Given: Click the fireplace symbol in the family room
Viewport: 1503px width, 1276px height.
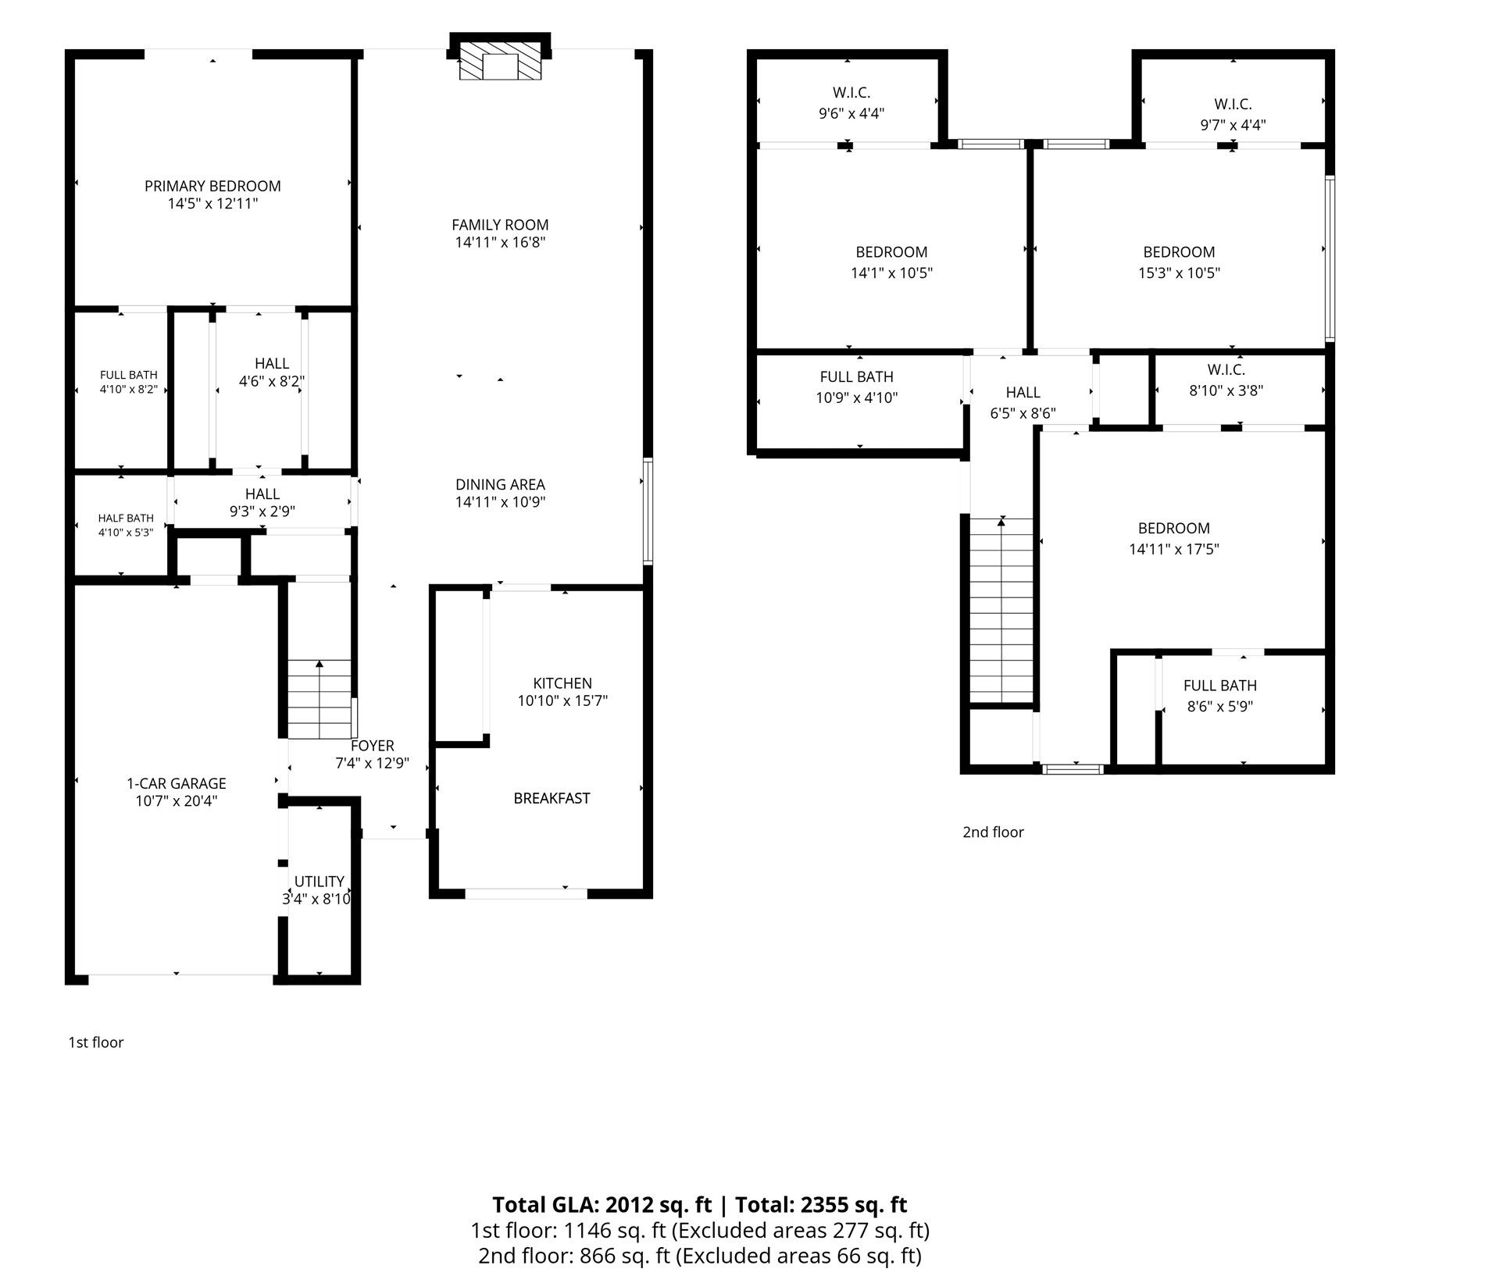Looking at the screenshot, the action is click(500, 61).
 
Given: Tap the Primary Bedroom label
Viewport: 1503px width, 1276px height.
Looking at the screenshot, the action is click(212, 186).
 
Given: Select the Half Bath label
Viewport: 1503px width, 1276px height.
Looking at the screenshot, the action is click(126, 518).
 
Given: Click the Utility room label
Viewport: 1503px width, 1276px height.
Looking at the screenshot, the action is click(319, 882).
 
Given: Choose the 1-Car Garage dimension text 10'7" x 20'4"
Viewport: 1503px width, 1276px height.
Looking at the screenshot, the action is click(177, 800).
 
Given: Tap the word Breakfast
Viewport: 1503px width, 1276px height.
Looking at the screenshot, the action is click(552, 798).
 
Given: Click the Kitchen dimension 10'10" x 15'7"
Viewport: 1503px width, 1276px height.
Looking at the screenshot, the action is click(562, 700).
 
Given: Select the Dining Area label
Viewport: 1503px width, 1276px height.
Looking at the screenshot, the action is click(500, 484).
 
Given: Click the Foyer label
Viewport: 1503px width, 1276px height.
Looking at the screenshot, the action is click(373, 746).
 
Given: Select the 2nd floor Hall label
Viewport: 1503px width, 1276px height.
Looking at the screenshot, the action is click(1023, 392).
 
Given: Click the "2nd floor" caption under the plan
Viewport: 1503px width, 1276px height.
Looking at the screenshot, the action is click(993, 832).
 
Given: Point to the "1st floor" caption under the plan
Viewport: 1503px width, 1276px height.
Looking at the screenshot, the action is click(96, 1043).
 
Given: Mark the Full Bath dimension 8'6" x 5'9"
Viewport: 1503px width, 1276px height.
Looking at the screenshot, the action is click(1220, 707).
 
